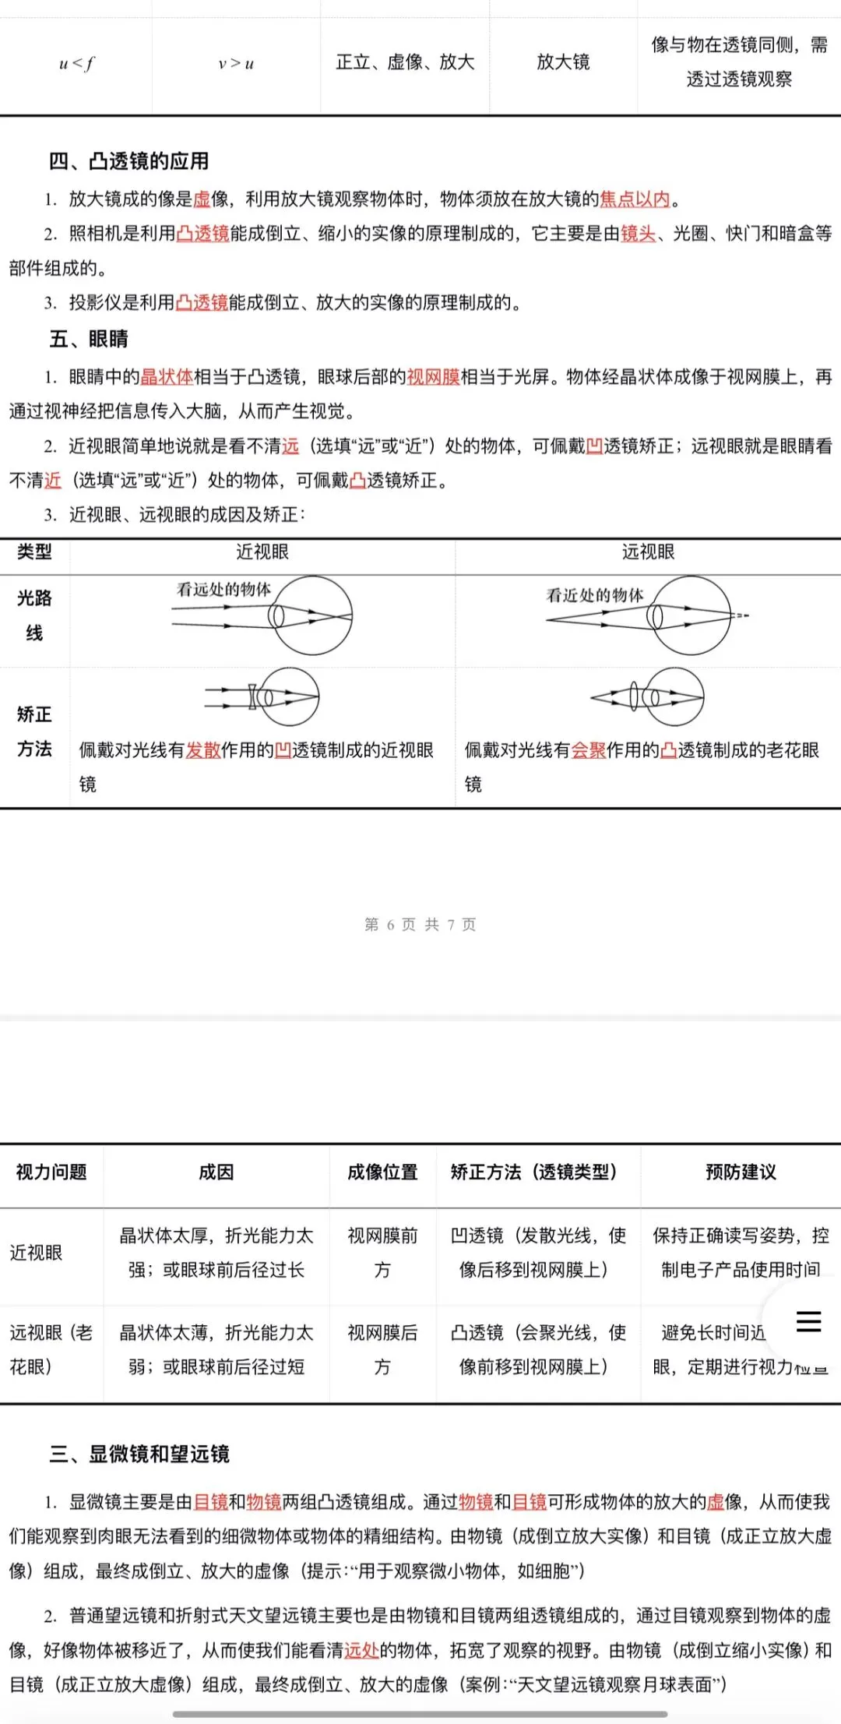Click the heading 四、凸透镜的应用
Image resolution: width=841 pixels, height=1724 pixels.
coord(129,161)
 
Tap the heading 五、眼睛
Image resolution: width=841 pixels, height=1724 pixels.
coord(89,339)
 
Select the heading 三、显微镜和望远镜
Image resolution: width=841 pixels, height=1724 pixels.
coord(140,1454)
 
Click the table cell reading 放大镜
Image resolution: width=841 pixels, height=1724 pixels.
coord(563,62)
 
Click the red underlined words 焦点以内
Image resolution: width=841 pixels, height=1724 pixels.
coord(635,199)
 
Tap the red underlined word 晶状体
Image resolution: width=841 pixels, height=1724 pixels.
coord(167,377)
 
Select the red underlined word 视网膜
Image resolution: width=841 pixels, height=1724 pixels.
coord(434,377)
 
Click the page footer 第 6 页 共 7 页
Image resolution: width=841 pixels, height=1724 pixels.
coord(420,925)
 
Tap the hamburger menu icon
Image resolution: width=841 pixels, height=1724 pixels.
coord(808,1321)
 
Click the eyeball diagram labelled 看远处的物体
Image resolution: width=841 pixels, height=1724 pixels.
coord(311,615)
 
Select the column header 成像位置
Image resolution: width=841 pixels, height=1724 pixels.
coord(382,1172)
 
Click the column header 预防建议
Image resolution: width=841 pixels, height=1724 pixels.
coord(741,1172)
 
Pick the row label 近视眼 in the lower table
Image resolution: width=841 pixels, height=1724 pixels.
coord(36,1253)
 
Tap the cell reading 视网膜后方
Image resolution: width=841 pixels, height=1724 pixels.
coord(382,1350)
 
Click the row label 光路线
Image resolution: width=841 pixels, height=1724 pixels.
coord(34,615)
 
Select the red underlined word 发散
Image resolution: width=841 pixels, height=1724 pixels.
coord(203,750)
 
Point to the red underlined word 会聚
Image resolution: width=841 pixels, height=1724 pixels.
coord(589,750)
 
